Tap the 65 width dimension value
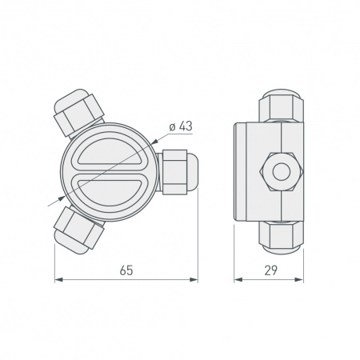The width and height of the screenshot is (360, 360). tap(126, 271)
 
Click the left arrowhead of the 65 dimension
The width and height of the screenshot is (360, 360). tap(58, 280)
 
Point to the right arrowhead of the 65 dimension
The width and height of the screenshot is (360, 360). tap(194, 280)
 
